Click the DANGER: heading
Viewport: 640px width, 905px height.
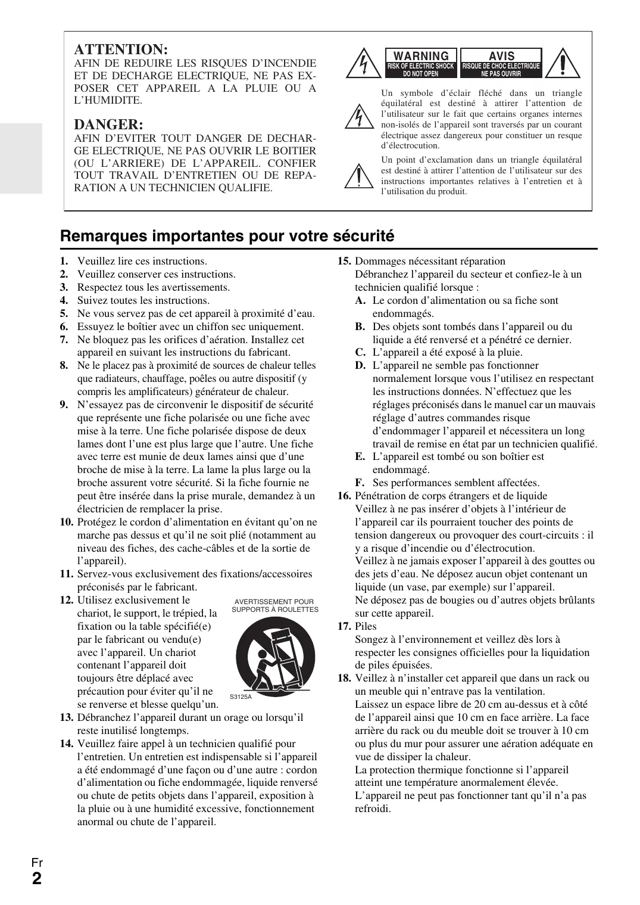point(108,125)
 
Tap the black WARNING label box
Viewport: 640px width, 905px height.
point(420,63)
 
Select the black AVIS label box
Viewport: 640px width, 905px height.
point(501,63)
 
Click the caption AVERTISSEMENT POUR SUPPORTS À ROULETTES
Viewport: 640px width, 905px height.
point(274,605)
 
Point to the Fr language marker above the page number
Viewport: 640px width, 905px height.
point(37,862)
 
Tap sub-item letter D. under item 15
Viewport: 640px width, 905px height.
point(360,365)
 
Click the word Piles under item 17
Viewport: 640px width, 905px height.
point(366,626)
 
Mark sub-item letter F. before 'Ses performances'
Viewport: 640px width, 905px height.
point(360,483)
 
